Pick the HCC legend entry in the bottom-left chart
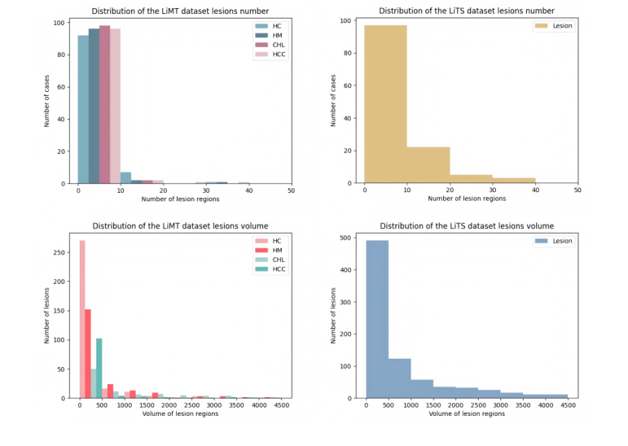coord(275,269)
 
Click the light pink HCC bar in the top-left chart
coord(115,106)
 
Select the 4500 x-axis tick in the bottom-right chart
coord(567,405)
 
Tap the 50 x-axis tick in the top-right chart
coord(577,190)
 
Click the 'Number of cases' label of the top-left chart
coord(47,102)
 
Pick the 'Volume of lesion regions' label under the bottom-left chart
coord(180,414)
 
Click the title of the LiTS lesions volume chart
coord(467,225)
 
